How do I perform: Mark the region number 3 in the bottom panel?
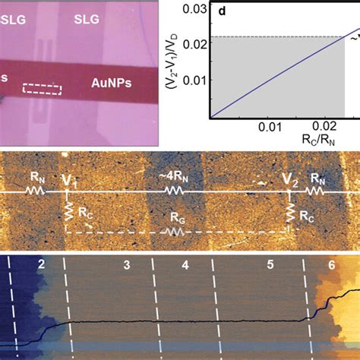tap(127, 265)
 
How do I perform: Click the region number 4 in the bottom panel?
tap(185, 266)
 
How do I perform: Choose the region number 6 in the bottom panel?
tap(331, 265)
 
